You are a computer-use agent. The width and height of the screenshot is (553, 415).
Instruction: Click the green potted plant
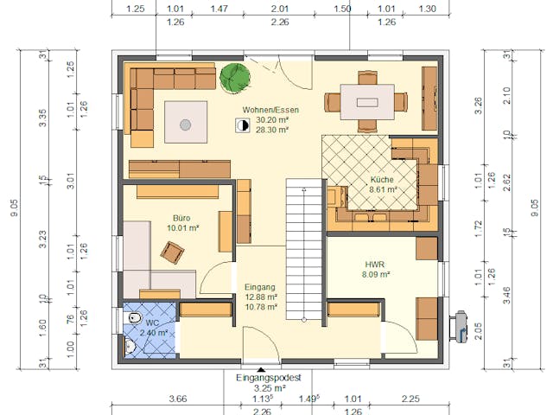click(234, 77)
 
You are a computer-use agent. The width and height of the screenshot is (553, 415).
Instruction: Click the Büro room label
click(181, 218)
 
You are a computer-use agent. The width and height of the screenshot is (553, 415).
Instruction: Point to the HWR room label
click(375, 264)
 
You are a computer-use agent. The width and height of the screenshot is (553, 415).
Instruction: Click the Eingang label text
click(260, 287)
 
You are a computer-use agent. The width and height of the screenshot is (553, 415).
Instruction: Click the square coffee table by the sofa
click(186, 124)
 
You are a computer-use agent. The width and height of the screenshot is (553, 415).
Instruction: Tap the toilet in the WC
click(133, 320)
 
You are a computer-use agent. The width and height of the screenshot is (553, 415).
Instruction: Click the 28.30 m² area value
click(272, 131)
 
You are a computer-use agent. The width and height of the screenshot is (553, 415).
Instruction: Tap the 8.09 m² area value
click(375, 275)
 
